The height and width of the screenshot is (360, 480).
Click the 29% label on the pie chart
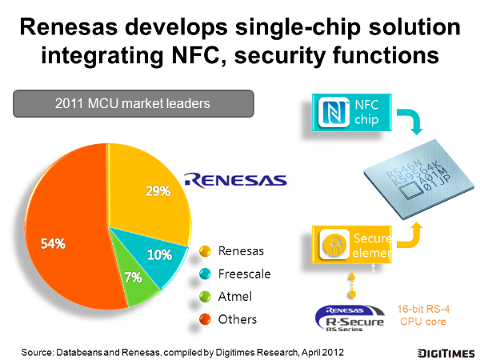click(x=158, y=191)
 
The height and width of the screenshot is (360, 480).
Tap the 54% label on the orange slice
click(x=53, y=244)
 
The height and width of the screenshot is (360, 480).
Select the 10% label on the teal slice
click(x=159, y=254)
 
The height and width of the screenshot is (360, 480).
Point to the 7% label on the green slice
click(x=133, y=278)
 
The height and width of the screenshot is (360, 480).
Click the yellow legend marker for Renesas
click(x=205, y=251)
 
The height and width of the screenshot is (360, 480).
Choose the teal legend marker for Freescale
click(x=205, y=274)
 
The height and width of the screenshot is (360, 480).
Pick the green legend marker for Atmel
click(x=205, y=296)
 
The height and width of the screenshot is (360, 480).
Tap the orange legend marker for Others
click(x=205, y=319)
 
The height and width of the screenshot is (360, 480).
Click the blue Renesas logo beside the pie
click(x=235, y=180)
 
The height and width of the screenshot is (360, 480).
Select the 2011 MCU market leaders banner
click(x=134, y=103)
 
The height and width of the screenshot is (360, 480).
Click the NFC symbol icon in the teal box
click(x=334, y=112)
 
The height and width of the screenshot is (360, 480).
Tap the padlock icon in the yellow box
click(x=334, y=245)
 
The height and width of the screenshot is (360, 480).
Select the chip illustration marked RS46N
click(x=418, y=179)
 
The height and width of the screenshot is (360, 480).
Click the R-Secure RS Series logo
click(x=350, y=318)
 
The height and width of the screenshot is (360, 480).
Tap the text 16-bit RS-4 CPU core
click(x=423, y=315)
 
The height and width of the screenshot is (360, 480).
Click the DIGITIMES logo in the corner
click(x=446, y=353)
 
